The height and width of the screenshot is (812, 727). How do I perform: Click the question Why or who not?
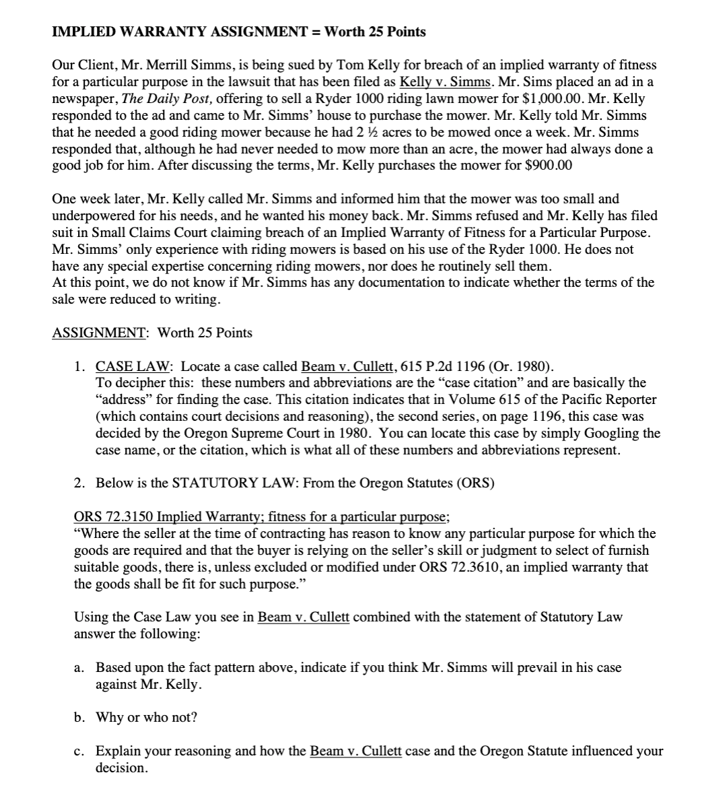click(146, 717)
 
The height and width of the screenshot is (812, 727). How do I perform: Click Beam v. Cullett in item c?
click(355, 751)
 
